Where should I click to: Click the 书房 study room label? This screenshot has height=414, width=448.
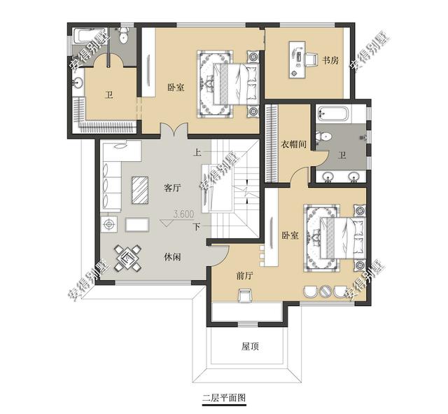tap(330, 60)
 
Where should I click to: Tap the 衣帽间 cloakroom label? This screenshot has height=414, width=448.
tap(294, 144)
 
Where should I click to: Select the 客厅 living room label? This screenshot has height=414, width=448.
tap(173, 188)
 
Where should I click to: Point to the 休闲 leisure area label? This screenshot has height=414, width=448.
tap(173, 257)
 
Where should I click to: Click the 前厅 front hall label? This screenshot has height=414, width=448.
tap(245, 275)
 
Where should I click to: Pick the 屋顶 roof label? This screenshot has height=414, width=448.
tap(250, 347)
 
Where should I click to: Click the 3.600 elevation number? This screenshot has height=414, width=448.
tap(183, 214)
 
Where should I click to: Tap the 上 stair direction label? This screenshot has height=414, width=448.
tap(197, 153)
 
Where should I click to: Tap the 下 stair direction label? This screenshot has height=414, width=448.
tap(197, 227)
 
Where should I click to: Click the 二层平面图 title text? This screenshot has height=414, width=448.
tap(224, 397)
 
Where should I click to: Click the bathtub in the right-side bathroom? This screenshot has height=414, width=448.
tap(333, 113)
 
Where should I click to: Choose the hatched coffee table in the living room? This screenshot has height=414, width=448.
tap(140, 190)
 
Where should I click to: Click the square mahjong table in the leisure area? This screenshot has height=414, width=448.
tap(127, 258)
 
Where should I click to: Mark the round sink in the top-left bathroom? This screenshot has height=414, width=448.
tap(78, 83)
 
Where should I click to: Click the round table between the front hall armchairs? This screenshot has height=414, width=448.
tap(325, 291)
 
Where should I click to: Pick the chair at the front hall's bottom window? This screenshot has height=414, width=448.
tap(245, 296)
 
